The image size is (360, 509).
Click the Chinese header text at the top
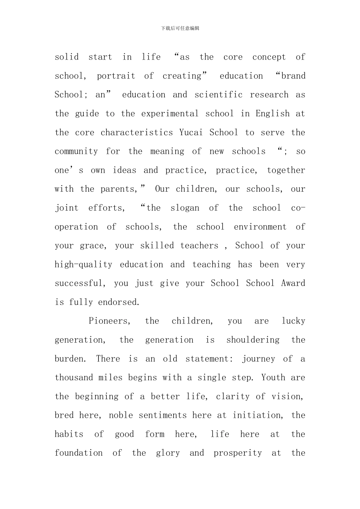[x=180, y=28]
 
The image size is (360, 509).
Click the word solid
[x=67, y=57]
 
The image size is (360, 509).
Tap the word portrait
[x=116, y=76]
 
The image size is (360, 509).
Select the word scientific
[x=219, y=95]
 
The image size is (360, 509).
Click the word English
[x=272, y=114]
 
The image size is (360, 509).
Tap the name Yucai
[x=191, y=133]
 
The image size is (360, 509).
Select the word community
[x=76, y=151]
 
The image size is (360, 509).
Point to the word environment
[x=260, y=227]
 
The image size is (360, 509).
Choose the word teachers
[x=199, y=246]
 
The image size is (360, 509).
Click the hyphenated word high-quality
[x=83, y=265]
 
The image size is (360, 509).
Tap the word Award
[x=293, y=283]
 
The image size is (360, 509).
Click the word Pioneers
[x=110, y=321]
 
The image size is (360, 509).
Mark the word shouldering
[x=253, y=340]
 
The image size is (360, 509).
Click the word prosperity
[x=238, y=453]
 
